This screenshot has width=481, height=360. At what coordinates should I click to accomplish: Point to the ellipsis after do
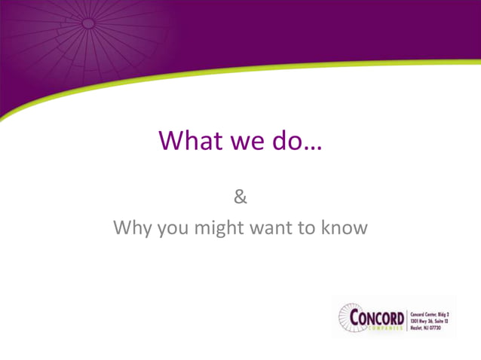pos(311,147)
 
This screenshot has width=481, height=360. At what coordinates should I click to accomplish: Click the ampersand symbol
pos(240,198)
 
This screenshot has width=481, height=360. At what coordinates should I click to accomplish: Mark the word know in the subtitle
pos(345,227)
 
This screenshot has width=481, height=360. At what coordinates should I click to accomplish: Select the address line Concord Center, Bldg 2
pos(430,310)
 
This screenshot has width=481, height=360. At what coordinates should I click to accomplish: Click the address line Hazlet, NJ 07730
pos(426,328)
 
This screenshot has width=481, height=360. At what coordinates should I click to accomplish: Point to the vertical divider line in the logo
pos(407,319)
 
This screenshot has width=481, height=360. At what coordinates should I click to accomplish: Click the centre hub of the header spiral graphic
pos(88,24)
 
